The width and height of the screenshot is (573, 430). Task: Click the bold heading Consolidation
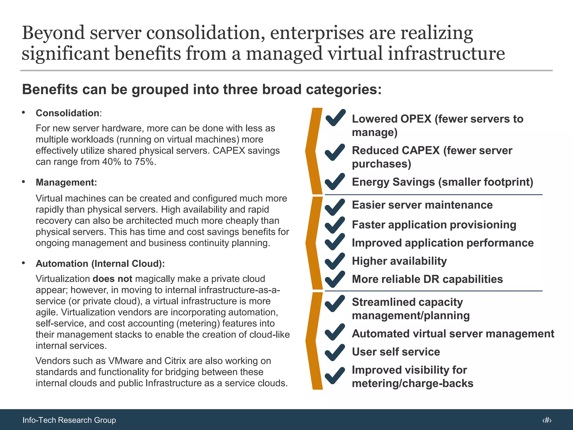tap(67, 113)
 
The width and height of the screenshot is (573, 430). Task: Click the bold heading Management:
tap(66, 182)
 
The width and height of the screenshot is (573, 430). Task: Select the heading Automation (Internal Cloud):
tap(100, 263)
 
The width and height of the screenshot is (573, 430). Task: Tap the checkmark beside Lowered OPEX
tap(335, 118)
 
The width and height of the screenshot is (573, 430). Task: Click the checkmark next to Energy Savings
tap(335, 181)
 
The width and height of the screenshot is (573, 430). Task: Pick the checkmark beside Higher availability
tap(335, 261)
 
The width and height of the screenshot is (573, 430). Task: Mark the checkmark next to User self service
tap(335, 352)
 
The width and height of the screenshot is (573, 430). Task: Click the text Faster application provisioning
tap(434, 225)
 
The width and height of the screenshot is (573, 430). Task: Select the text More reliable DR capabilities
tap(427, 279)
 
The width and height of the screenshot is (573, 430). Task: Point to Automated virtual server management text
tap(453, 334)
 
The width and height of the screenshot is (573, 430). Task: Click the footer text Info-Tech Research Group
tap(69, 420)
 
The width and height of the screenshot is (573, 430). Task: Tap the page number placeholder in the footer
tap(546, 420)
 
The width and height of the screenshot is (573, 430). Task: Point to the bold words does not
tap(112, 279)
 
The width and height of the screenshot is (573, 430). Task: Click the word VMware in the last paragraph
tap(126, 361)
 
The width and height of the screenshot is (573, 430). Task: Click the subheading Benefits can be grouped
tap(202, 90)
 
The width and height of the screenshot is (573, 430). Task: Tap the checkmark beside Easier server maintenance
tap(335, 207)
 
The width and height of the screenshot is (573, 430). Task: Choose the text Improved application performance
tap(443, 243)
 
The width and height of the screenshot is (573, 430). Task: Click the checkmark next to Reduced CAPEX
tap(335, 153)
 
